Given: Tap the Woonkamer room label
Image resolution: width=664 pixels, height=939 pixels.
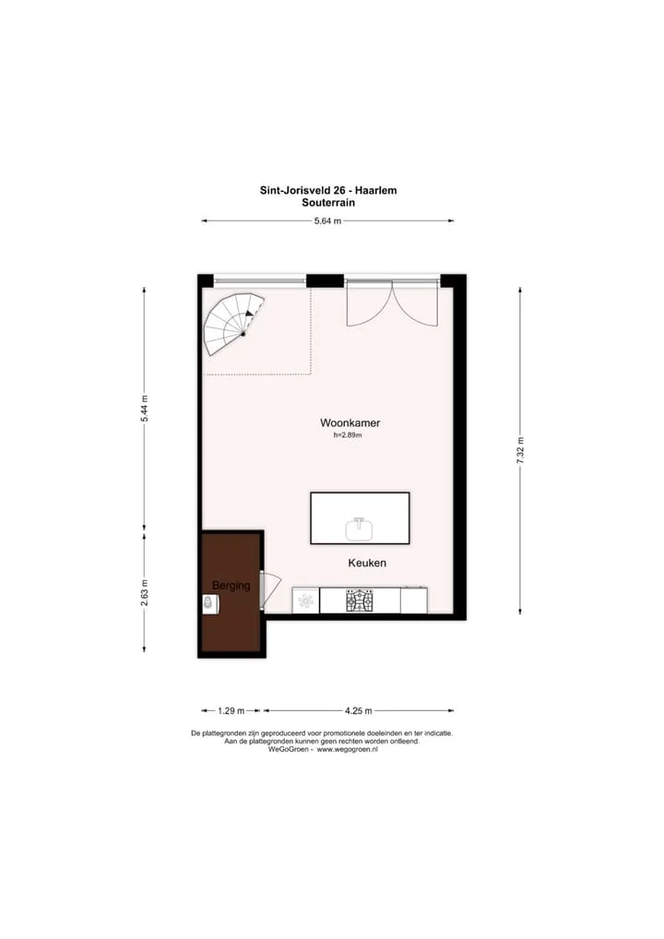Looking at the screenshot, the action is [350, 422].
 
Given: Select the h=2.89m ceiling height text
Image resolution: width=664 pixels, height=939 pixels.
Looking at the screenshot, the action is [348, 435].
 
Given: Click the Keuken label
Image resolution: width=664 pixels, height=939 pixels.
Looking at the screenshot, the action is [367, 563].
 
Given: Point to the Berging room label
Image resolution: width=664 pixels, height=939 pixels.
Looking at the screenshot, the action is [231, 585].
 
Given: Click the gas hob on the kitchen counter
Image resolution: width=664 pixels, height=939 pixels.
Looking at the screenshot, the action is [360, 600].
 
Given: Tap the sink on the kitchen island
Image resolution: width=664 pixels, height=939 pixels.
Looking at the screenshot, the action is [360, 529].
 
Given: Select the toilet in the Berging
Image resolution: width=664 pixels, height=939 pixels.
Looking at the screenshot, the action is [210, 603].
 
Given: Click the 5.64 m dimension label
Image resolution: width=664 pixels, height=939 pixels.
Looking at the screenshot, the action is [327, 221].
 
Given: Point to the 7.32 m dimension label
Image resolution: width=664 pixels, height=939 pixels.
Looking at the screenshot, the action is [520, 450].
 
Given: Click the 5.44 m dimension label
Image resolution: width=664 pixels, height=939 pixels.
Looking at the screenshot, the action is [144, 409].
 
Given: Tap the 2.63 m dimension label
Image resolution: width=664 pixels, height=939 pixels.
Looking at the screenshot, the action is [144, 593].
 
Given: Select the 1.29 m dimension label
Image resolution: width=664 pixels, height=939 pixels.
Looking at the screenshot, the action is [231, 711].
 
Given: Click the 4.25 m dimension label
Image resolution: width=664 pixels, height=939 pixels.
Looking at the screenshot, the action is [358, 711].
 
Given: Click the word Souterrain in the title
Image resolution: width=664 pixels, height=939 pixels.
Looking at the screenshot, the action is [328, 202].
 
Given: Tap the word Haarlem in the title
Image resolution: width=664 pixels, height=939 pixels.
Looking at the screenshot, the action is [376, 190].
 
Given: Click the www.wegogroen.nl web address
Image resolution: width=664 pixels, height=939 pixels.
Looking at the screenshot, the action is [348, 749].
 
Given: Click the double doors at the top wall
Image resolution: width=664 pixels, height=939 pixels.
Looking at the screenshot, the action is [392, 303].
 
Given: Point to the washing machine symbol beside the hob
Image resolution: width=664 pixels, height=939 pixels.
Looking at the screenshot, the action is [305, 600].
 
